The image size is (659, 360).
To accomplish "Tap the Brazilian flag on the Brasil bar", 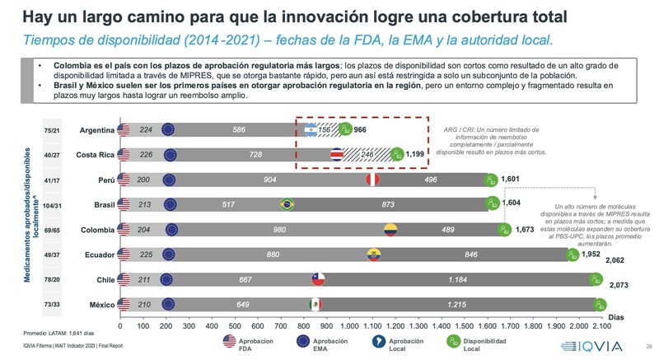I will pos(287,204).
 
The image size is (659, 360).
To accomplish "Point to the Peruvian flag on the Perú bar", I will pos(372,180).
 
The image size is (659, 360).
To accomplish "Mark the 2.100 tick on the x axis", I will pos(601,325).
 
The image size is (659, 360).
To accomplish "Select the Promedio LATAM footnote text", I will pos(52,334).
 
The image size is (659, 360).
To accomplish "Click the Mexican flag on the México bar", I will pos(315,306).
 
